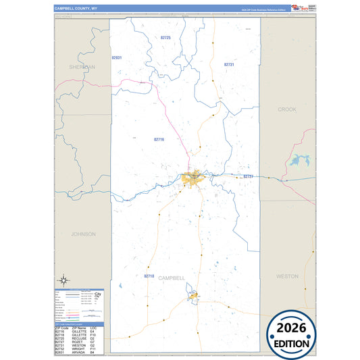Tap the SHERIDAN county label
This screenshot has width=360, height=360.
pyautogui.click(x=82, y=68)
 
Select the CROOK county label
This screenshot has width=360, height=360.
pyautogui.click(x=287, y=109)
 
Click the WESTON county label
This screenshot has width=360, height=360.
pyautogui.click(x=287, y=276)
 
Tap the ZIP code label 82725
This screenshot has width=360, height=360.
pyautogui.click(x=165, y=38)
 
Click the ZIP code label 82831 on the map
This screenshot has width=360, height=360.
pyautogui.click(x=117, y=58)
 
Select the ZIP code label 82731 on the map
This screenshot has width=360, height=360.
pyautogui.click(x=229, y=64)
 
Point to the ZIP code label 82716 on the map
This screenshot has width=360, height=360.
pyautogui.click(x=159, y=139)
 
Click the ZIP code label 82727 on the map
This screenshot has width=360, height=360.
pyautogui.click(x=248, y=176)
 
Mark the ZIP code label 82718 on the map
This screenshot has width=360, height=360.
pyautogui.click(x=149, y=276)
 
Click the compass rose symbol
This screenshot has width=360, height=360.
pyautogui.click(x=63, y=280)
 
